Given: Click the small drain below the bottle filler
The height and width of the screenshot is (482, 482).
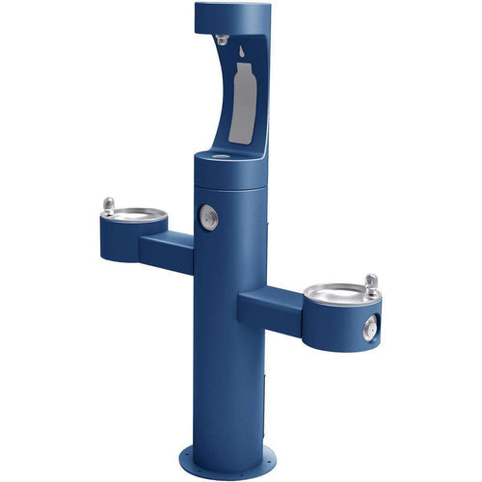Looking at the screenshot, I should [x=220, y=156].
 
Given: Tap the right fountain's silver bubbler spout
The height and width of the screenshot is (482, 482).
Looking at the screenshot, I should [x=370, y=282].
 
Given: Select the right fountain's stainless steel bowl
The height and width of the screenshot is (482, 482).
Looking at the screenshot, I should [x=335, y=291].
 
